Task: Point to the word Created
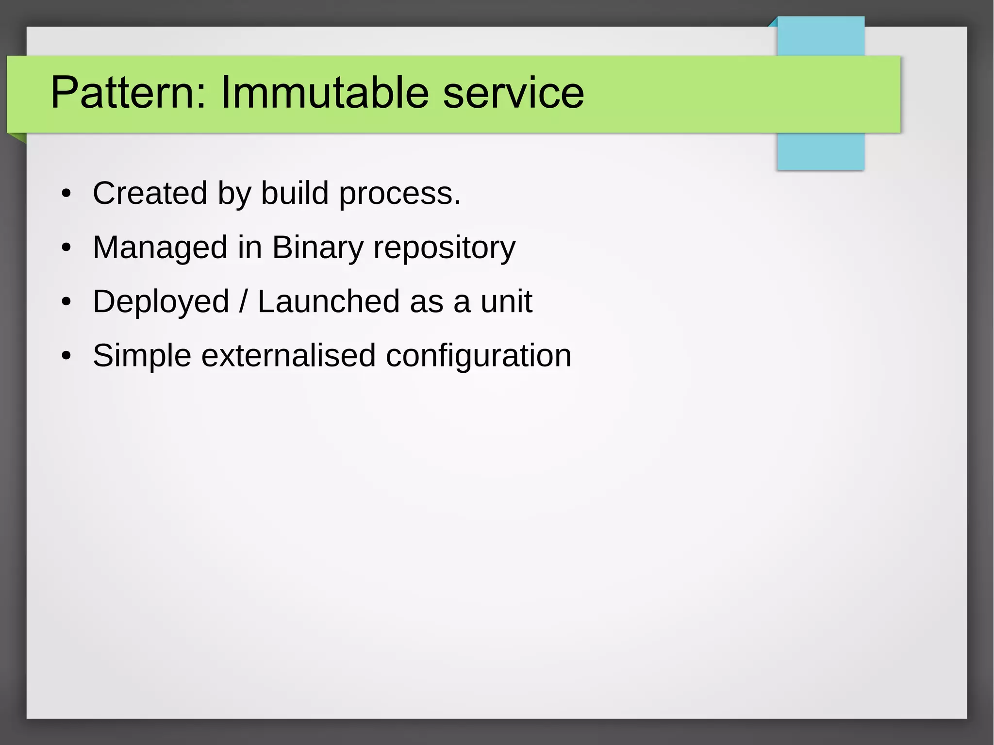[x=150, y=193]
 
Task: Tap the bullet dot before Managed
[x=66, y=248]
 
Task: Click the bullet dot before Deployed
[x=66, y=302]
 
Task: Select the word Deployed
[x=161, y=302]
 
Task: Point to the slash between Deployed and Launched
[x=243, y=301]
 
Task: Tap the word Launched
[x=328, y=301]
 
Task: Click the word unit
[x=506, y=301]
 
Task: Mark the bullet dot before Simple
[x=66, y=356]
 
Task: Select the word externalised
[x=288, y=355]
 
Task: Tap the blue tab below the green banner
[x=820, y=151]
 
